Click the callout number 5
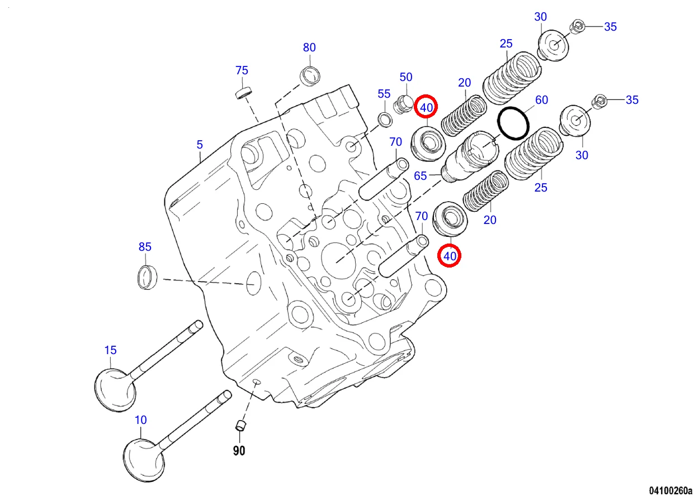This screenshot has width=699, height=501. point(200,145)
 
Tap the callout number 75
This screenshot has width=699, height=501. point(242,70)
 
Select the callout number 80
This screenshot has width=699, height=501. point(309,47)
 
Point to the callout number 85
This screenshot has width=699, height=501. point(145,246)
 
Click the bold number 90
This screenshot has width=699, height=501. point(239,451)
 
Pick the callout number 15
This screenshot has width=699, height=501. point(110,350)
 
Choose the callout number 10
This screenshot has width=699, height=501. point(141,419)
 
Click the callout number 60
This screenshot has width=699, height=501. point(541,100)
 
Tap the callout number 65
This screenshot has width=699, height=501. point(421,176)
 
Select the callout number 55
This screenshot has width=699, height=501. point(384,94)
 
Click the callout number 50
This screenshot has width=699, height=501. point(405,77)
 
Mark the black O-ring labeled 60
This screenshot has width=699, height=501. point(513,123)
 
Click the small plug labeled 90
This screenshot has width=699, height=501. point(240,426)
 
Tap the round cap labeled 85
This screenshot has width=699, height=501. point(147,278)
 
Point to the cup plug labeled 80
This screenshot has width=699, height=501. point(310,75)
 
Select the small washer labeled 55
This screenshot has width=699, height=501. point(385,118)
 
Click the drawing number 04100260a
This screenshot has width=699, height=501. point(670,491)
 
